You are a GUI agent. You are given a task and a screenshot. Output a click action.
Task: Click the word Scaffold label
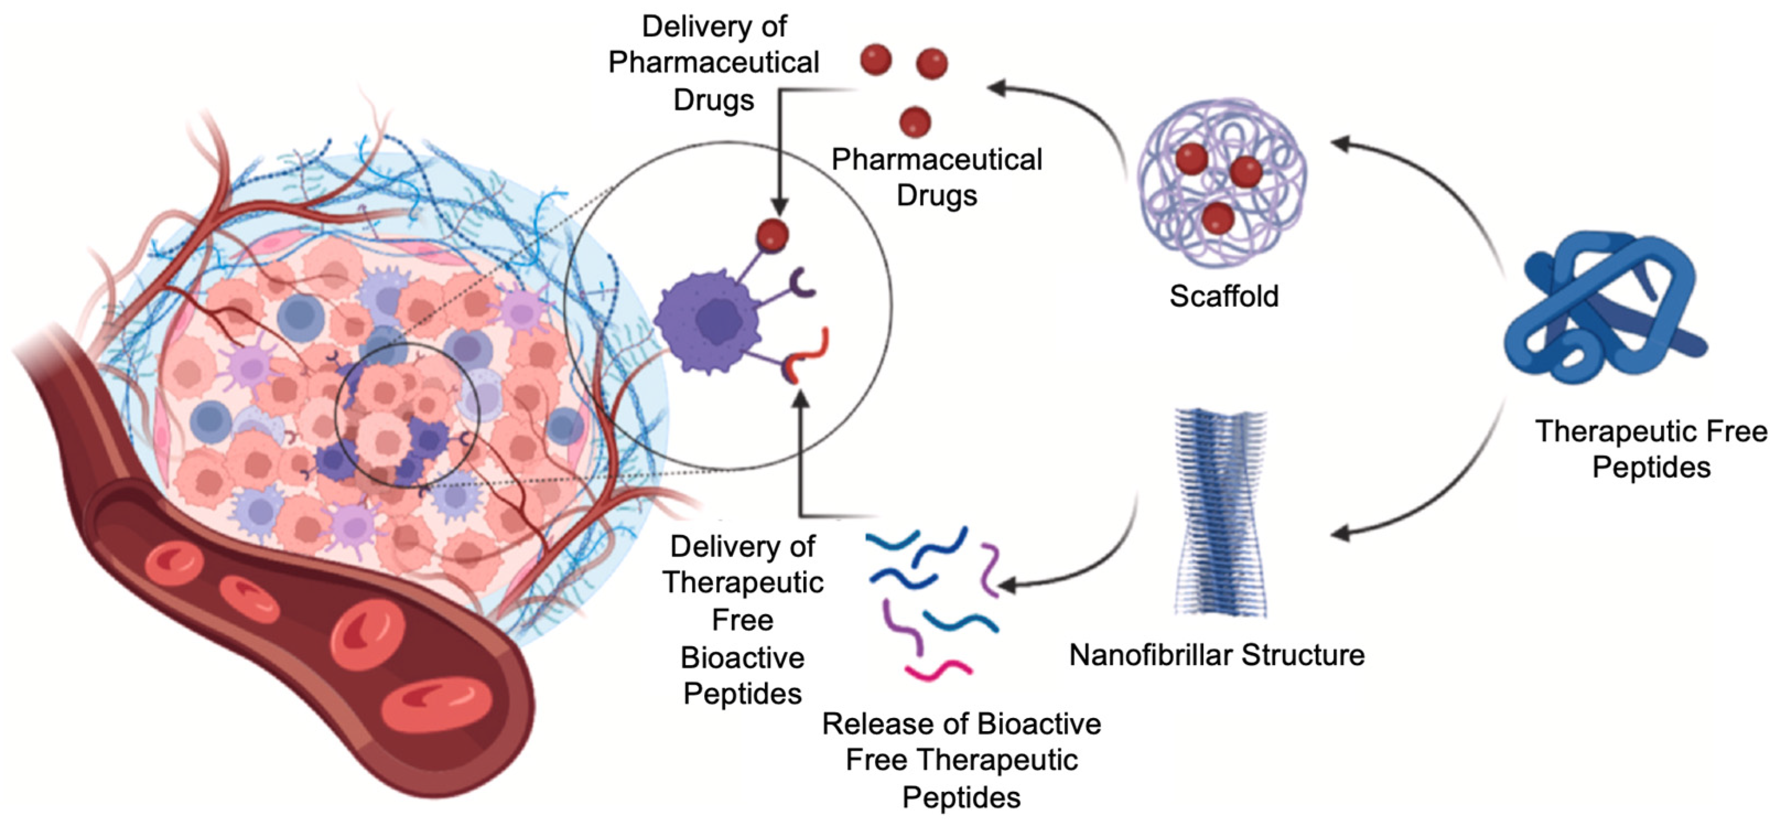[1224, 296]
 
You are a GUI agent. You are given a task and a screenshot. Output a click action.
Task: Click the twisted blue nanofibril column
[1220, 511]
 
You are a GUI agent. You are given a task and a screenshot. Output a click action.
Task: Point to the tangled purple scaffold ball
[1221, 183]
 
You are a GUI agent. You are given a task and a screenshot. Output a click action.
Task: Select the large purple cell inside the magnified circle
[708, 321]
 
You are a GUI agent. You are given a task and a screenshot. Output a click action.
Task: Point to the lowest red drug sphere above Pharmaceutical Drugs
[915, 122]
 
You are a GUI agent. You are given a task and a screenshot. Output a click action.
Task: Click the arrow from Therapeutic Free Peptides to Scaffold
[1423, 180]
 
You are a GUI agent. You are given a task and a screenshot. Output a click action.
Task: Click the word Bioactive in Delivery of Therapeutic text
[743, 657]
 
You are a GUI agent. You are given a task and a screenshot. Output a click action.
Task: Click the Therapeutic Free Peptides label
[1651, 449]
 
